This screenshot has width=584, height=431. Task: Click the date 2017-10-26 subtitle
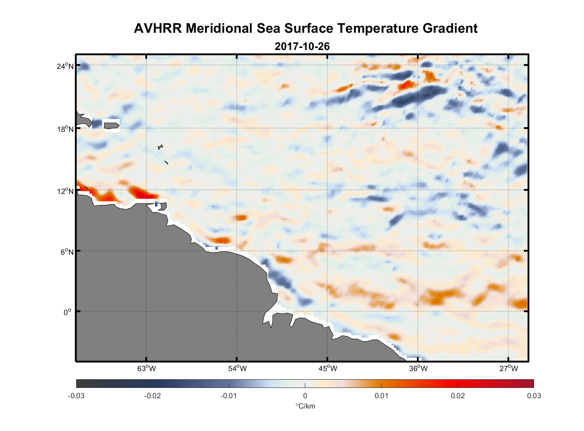point(302,47)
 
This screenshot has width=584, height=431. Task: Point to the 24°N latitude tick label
point(66,66)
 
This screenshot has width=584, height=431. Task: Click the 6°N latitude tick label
point(67,252)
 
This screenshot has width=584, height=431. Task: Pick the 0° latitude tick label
point(68,312)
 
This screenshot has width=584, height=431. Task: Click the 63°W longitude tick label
point(147,369)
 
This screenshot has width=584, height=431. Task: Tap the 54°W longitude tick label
point(237,369)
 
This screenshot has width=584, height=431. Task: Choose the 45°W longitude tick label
point(328,369)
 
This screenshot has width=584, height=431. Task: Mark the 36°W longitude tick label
point(418,369)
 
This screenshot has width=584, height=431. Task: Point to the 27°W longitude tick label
point(509,369)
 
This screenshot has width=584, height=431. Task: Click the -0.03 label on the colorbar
point(76,396)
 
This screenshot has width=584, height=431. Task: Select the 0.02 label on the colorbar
point(458,396)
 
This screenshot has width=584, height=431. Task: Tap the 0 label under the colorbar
point(305,396)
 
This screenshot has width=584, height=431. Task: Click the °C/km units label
point(305,406)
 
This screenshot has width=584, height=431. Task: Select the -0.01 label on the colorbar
point(229,396)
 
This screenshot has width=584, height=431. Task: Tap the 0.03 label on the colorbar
point(534,396)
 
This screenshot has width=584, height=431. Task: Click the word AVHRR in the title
point(158,28)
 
